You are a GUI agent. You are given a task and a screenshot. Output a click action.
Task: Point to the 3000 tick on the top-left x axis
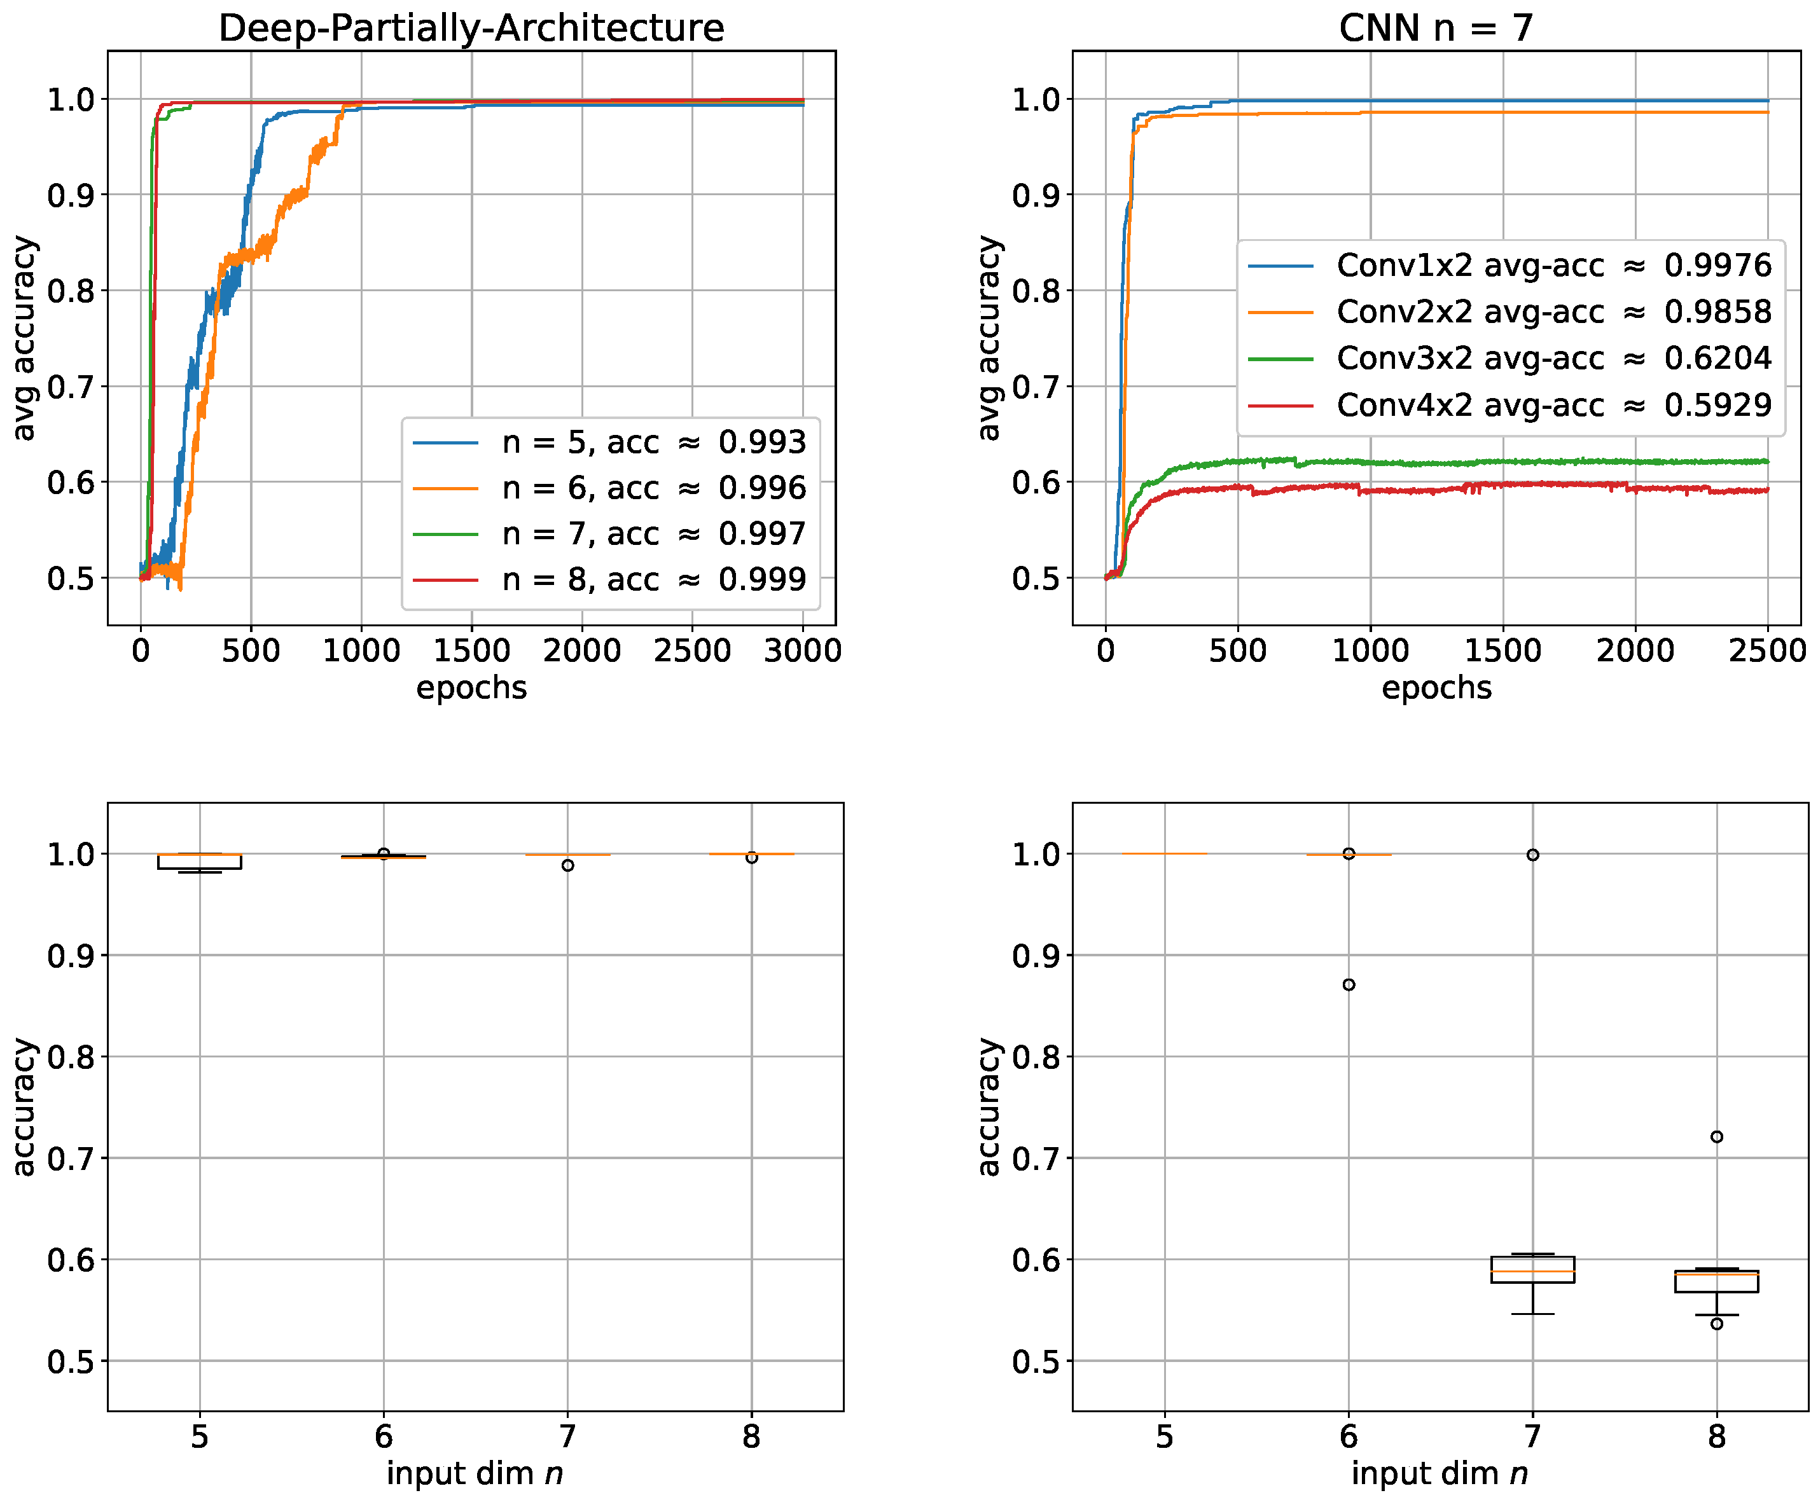tap(802, 650)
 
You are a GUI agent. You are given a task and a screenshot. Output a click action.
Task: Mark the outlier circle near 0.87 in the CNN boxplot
tap(1349, 985)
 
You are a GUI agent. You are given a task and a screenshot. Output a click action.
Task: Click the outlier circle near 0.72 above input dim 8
tap(1717, 1137)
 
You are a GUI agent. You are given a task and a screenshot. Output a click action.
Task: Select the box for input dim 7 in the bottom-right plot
tap(1533, 1269)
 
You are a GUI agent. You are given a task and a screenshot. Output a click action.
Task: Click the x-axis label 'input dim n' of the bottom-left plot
tap(475, 1473)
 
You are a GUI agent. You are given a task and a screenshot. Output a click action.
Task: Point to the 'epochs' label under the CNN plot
tap(1436, 688)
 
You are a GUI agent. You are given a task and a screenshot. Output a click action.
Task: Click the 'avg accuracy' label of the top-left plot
tap(24, 338)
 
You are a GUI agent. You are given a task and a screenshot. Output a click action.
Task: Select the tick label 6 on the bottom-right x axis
tap(1349, 1437)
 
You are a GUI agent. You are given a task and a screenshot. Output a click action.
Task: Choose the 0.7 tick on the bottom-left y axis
tap(70, 1159)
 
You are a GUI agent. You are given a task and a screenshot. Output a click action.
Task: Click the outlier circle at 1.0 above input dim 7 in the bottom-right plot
tap(1533, 855)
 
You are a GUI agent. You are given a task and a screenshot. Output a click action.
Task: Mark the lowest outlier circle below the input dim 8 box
tap(1717, 1324)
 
